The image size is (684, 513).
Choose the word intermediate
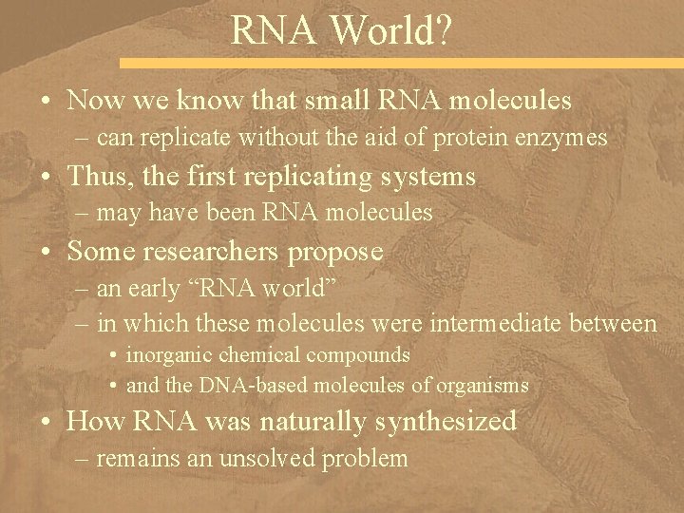pos(492,324)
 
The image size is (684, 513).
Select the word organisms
pos(483,386)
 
